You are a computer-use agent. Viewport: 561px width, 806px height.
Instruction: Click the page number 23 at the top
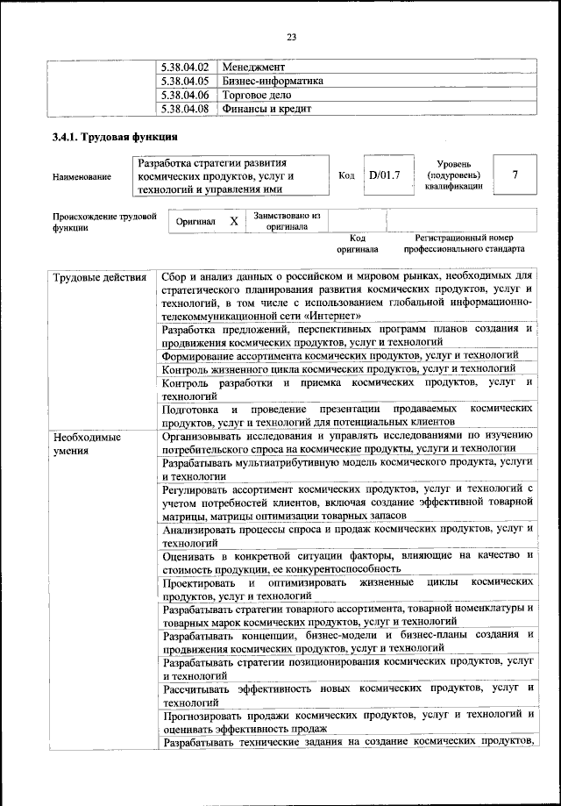point(291,36)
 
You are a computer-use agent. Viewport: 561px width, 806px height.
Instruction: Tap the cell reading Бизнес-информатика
point(273,81)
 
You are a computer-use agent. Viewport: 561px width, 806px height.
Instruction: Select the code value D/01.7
point(384,175)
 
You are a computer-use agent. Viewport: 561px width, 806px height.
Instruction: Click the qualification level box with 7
point(515,175)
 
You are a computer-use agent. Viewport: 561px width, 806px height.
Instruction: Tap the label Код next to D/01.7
point(346,175)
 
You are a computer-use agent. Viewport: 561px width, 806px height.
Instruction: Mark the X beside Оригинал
point(234,222)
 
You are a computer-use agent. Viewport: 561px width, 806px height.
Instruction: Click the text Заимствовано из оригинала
point(287,220)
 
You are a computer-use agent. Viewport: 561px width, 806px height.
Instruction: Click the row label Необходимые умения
point(87,443)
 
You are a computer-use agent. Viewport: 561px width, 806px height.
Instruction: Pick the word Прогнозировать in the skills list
point(206,715)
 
